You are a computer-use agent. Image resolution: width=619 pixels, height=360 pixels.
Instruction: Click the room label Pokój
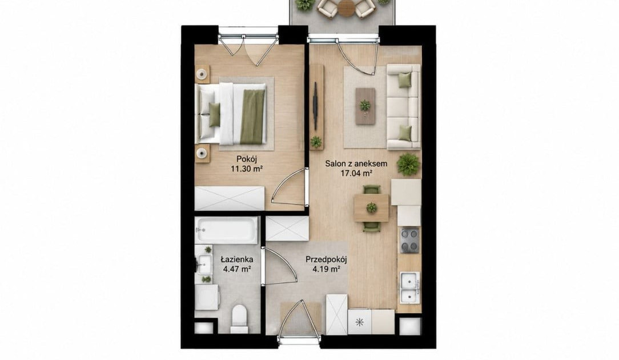click(247, 159)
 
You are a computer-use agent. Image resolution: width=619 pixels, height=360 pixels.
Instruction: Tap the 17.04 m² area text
click(357, 173)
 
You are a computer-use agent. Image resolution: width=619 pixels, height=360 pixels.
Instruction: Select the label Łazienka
click(237, 259)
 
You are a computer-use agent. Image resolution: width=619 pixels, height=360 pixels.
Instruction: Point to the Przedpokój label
click(326, 259)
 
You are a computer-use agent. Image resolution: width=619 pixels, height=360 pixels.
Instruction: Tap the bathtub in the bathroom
click(227, 230)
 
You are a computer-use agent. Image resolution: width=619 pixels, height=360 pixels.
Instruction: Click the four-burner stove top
click(410, 240)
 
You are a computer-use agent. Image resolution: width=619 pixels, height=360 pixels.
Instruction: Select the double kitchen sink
click(410, 287)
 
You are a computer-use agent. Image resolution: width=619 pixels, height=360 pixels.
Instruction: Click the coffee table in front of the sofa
click(365, 106)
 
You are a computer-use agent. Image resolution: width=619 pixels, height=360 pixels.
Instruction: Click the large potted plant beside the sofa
click(408, 164)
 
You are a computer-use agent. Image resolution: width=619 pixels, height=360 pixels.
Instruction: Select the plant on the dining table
click(371, 207)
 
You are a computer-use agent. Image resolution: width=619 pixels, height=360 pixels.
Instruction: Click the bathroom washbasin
click(205, 264)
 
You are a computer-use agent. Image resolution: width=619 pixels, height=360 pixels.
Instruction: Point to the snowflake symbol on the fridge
click(359, 322)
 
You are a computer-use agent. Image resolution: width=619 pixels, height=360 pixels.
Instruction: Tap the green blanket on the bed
click(252, 117)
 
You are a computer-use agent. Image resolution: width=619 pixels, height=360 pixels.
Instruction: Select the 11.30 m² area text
click(247, 169)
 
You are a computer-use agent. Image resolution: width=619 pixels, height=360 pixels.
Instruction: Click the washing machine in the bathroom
click(207, 297)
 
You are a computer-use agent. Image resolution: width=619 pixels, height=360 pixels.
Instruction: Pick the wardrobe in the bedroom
click(230, 198)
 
